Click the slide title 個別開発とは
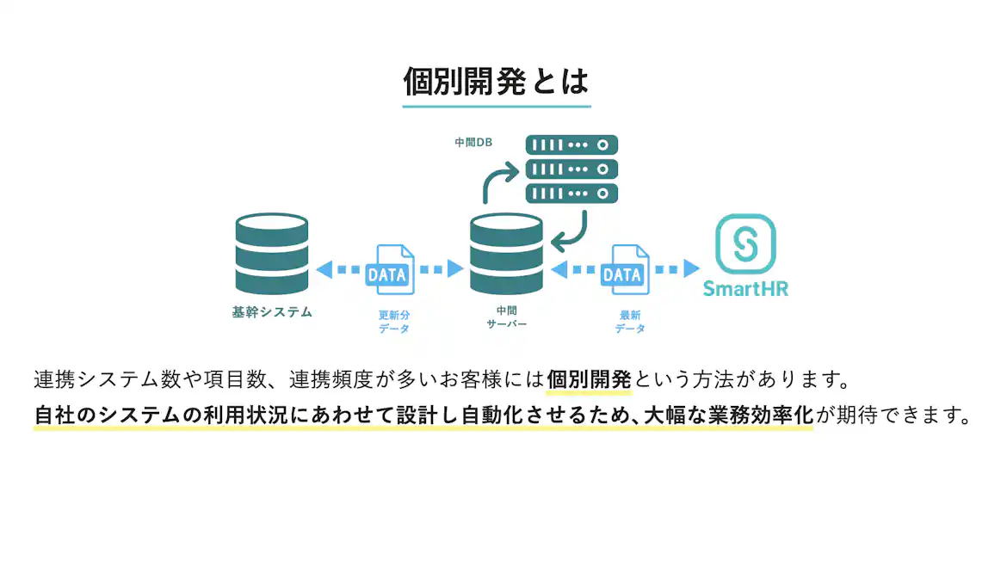click(497, 82)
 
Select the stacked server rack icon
click(571, 168)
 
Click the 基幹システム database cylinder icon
click(272, 255)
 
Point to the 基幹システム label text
click(272, 312)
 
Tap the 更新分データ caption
click(394, 322)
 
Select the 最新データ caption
click(630, 322)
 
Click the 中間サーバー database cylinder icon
click(506, 255)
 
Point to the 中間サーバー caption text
click(506, 317)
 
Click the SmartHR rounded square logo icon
click(745, 243)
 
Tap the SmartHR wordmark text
click(745, 288)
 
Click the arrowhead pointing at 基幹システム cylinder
click(324, 270)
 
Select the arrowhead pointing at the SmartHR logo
click(692, 269)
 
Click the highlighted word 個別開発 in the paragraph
click(590, 379)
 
